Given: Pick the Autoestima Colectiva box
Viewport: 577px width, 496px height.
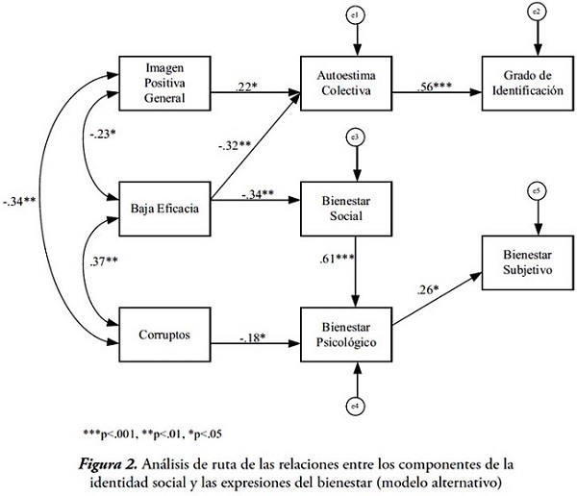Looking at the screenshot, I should coord(356,79).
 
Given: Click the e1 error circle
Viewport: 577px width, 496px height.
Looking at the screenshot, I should coord(357,14).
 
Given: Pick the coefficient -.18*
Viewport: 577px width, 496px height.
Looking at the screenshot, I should coord(254,337).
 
